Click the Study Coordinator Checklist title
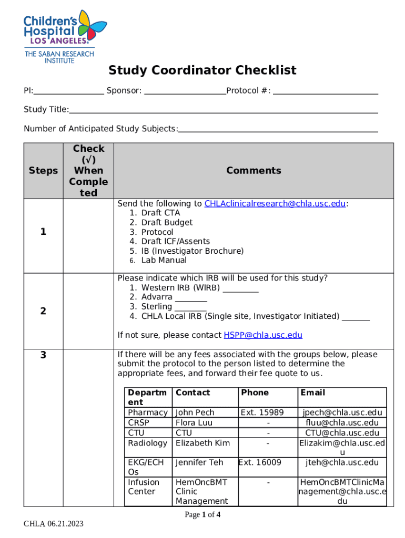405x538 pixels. pyautogui.click(x=202, y=70)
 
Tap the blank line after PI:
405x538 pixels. pyautogui.click(x=69, y=93)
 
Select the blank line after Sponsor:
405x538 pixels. pyautogui.click(x=185, y=93)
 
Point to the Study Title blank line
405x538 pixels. pyautogui.click(x=224, y=111)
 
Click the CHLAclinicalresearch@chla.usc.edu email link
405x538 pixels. pyautogui.click(x=275, y=204)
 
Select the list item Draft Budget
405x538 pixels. pyautogui.click(x=167, y=223)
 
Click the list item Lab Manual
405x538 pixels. pyautogui.click(x=164, y=261)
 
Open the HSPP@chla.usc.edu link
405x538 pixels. pyautogui.click(x=263, y=335)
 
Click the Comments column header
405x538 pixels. pyautogui.click(x=254, y=171)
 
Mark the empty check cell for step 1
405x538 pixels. pyautogui.click(x=88, y=235)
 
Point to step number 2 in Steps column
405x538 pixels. pyautogui.click(x=43, y=312)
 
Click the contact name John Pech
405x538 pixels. pyautogui.click(x=195, y=413)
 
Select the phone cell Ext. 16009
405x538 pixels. pyautogui.click(x=260, y=463)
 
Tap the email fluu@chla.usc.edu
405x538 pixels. pyautogui.click(x=342, y=423)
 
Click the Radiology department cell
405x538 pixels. pyautogui.click(x=147, y=443)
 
